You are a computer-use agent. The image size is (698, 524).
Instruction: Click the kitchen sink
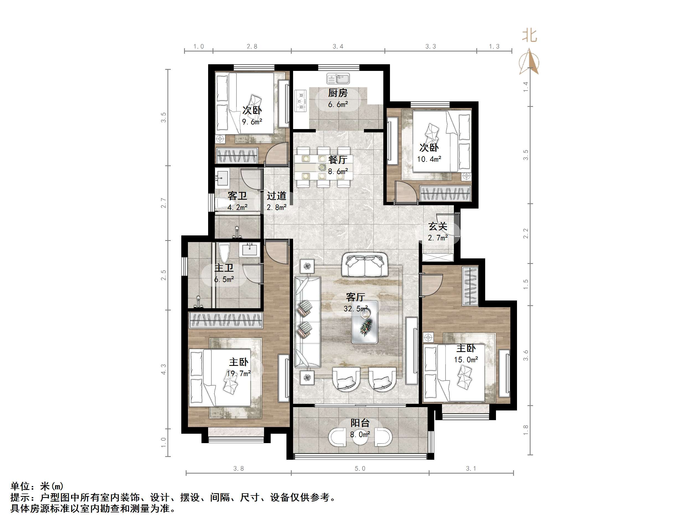338,78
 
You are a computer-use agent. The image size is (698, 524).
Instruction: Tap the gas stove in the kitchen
300,101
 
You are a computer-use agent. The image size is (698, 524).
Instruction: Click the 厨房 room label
338,93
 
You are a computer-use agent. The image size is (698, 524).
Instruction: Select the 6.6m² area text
338,104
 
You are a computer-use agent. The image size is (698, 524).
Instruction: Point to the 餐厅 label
338,160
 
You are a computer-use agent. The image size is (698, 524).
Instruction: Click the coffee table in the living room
365,322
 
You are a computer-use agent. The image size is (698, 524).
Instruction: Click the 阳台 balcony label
360,423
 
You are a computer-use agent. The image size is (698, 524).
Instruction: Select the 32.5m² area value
356,308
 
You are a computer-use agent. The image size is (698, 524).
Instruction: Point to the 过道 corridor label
276,196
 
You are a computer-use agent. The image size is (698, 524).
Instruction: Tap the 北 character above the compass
529,35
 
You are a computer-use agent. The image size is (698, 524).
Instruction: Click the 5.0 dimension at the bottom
360,468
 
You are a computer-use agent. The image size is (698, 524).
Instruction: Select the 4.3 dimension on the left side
163,369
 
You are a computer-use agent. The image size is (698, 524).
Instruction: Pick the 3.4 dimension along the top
338,47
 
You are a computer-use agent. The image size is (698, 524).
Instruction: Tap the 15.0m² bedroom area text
466,359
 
